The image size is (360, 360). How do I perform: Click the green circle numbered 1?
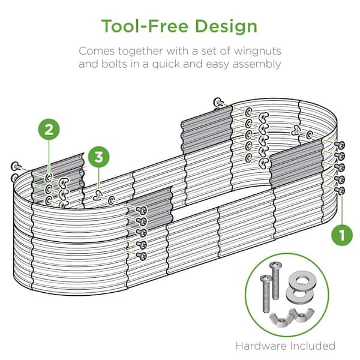pos(342,235)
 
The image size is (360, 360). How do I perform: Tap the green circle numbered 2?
pos(49,130)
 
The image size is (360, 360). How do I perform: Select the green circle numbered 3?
pos(99,157)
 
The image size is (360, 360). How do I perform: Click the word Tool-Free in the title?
pos(145,26)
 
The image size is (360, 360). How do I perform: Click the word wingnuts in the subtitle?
pos(257,52)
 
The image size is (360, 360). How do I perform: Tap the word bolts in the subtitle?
pos(114,64)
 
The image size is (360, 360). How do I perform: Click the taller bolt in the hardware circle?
pos(275,281)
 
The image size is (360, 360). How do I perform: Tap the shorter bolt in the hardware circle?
pos(266,293)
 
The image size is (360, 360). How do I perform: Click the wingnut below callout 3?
pos(98,196)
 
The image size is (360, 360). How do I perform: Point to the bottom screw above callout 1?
pos(340,190)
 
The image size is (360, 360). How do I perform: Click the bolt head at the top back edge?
pos(218,102)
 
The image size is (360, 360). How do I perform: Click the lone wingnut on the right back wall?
pos(296,130)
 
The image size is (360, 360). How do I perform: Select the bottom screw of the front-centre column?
pos(141,256)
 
